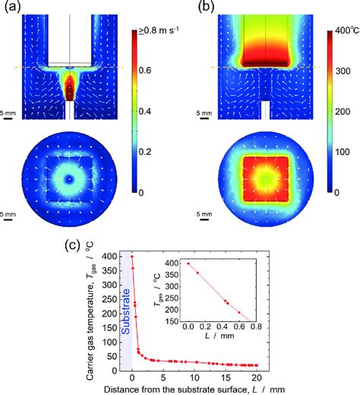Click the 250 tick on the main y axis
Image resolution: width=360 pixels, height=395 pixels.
coord(115,295)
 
